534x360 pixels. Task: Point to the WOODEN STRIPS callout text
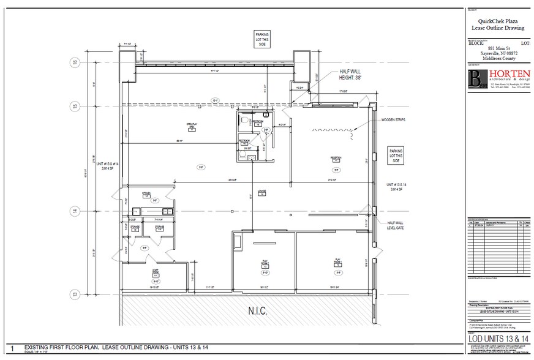(x=395, y=121)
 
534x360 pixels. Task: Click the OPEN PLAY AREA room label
(x=190, y=127)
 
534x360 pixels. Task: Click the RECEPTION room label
(x=336, y=159)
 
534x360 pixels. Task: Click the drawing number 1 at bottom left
(x=12, y=348)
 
